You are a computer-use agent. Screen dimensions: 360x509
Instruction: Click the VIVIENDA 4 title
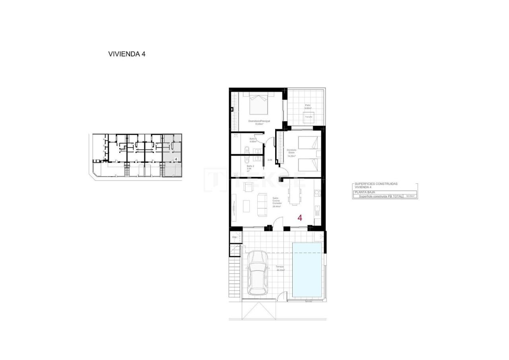[126, 54]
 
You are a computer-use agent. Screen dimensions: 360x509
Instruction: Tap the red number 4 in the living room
[300, 218]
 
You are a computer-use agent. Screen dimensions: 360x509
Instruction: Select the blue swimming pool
[307, 270]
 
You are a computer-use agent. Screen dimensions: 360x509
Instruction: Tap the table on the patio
[309, 117]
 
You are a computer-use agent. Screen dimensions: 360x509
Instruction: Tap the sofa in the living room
[262, 204]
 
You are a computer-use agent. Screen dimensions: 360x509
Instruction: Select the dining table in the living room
[295, 196]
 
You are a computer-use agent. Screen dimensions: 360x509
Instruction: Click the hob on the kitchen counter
[317, 193]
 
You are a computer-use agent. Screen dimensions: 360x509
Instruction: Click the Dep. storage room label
[235, 237]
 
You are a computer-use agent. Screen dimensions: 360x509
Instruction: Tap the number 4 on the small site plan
[176, 159]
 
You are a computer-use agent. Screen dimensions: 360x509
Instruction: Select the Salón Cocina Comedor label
[277, 202]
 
